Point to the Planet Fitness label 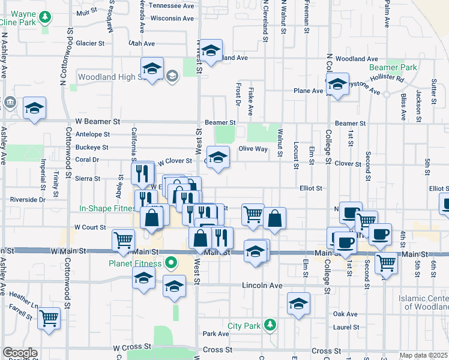click(135, 263)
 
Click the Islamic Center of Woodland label click(423, 302)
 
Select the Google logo click(20, 353)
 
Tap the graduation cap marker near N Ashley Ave click(34, 109)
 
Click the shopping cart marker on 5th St click(385, 262)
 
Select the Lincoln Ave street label click(262, 286)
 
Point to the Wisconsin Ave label click(172, 18)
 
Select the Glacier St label click(90, 43)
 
